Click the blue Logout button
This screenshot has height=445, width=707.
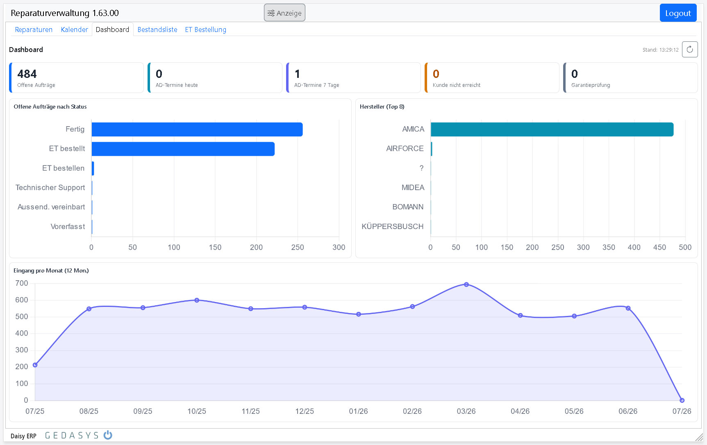tap(678, 13)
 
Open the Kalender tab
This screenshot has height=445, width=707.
tap(74, 30)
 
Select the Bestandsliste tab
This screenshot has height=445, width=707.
tap(157, 30)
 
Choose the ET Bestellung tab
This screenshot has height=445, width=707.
tap(205, 30)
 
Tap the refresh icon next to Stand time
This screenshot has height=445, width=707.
tap(690, 50)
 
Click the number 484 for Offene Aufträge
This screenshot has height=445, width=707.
tap(27, 74)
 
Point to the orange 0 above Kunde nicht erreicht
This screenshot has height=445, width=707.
tap(436, 74)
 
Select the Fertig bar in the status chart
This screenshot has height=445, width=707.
tap(197, 129)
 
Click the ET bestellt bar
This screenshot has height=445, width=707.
tap(183, 149)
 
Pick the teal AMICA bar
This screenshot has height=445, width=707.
tap(552, 129)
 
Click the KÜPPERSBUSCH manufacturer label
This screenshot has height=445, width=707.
tap(392, 227)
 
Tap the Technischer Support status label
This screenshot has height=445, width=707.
tap(50, 188)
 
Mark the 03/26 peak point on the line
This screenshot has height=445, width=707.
tap(466, 284)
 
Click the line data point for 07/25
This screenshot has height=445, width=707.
tap(35, 365)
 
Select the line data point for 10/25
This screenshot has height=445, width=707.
tap(197, 300)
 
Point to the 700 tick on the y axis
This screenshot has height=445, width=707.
tap(22, 283)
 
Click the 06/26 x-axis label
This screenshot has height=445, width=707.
tap(628, 411)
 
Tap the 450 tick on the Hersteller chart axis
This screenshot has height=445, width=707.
tap(659, 247)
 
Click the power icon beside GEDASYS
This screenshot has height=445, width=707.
tap(108, 435)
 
